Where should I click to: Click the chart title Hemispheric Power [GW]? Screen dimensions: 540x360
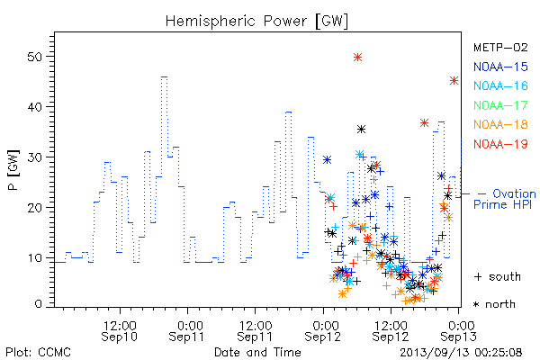point(256,22)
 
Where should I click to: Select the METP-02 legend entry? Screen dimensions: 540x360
point(500,47)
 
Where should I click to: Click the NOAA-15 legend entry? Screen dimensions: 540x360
point(500,67)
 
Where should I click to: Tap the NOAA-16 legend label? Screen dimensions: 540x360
point(500,85)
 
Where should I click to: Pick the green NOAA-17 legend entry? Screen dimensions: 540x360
point(500,105)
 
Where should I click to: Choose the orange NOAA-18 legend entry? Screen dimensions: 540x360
point(500,124)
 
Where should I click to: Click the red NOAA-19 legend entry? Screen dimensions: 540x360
point(500,144)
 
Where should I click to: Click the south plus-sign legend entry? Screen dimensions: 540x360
point(498,276)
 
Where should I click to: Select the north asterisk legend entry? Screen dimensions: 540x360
point(494,304)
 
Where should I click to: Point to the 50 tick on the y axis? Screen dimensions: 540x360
point(35,57)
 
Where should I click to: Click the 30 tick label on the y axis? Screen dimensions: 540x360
point(35,157)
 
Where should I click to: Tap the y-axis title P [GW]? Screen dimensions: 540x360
point(13,170)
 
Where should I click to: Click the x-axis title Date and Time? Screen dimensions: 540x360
point(257,352)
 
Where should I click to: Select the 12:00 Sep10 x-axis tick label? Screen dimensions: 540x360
point(120,330)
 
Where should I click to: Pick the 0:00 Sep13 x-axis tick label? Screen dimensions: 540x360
point(459,330)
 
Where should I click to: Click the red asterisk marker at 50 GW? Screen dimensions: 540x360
point(358,58)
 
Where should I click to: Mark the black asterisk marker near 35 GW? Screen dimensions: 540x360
point(361,130)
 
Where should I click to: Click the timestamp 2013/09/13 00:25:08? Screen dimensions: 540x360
point(461,353)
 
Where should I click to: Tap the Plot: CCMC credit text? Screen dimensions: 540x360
point(38,353)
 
